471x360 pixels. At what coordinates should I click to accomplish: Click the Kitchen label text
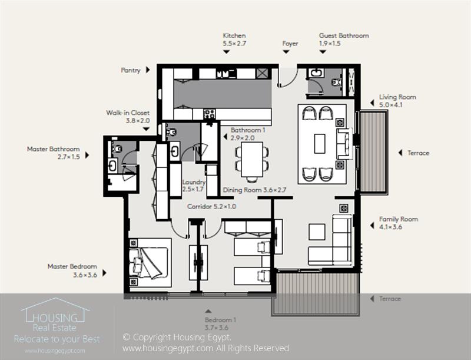click(234, 35)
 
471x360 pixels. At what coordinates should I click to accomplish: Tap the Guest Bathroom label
click(344, 35)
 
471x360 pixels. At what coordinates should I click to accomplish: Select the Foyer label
click(290, 44)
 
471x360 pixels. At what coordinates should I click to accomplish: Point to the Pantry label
click(131, 70)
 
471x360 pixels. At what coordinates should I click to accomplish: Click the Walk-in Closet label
click(128, 113)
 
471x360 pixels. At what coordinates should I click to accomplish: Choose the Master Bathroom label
click(53, 149)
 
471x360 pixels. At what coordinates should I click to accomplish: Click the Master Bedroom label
click(72, 266)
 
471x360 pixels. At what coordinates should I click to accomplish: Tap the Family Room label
click(399, 219)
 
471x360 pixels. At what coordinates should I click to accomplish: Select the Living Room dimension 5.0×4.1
click(393, 105)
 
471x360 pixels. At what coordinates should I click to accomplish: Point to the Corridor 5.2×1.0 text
click(211, 207)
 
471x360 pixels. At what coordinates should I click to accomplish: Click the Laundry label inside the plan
click(194, 182)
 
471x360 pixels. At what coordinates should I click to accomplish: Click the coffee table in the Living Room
click(320, 143)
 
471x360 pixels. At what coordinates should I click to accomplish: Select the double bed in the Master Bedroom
click(149, 262)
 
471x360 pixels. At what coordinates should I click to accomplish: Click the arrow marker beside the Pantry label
click(148, 70)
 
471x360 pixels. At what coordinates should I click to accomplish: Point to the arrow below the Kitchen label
click(226, 52)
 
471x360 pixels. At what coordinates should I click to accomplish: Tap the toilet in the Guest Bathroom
click(336, 82)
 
